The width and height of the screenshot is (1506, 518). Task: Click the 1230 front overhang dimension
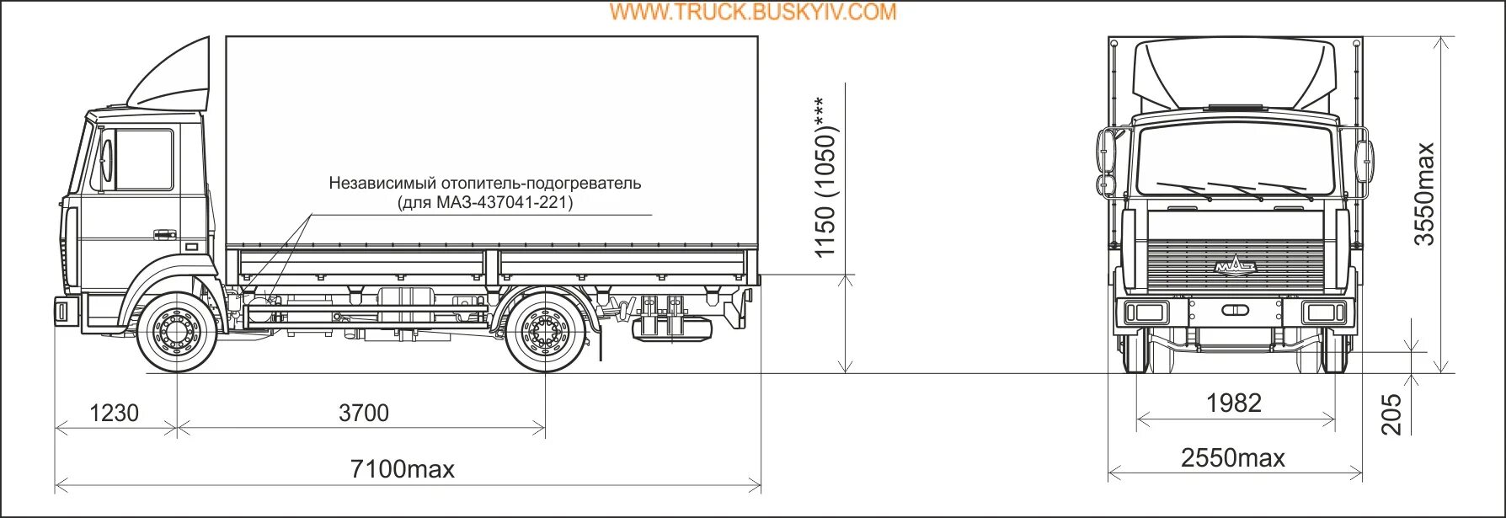click(x=114, y=413)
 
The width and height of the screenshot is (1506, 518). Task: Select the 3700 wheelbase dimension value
click(x=364, y=413)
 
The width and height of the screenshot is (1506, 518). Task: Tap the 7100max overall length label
click(x=402, y=469)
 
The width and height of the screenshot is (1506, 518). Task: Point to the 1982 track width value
click(x=1234, y=403)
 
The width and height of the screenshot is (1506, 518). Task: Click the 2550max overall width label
click(x=1233, y=458)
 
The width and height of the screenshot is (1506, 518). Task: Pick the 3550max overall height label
click(x=1423, y=195)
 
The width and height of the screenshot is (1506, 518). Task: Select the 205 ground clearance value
click(x=1391, y=414)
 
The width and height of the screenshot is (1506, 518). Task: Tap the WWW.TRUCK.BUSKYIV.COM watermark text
click(x=753, y=12)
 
